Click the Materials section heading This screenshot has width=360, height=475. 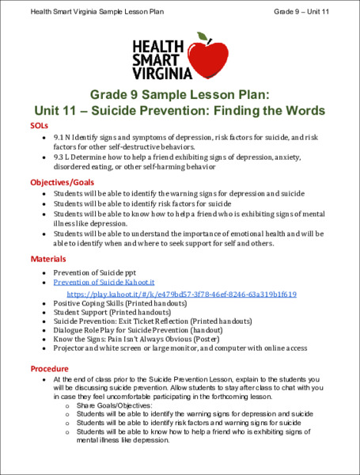48,259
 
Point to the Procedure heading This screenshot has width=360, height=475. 50,369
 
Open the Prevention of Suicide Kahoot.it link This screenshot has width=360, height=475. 103,282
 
